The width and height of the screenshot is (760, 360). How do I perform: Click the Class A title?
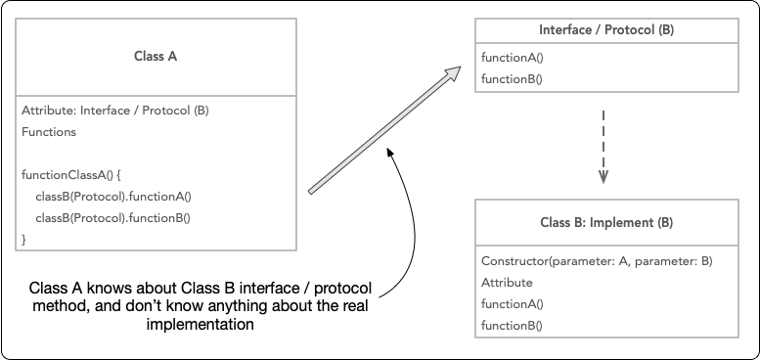155,57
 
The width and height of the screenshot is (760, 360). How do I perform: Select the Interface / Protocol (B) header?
606,30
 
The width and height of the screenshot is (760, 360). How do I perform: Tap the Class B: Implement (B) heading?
606,223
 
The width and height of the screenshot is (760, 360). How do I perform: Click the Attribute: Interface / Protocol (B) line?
114,111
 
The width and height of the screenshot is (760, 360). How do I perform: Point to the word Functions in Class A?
49,131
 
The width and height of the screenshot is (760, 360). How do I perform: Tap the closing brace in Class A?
24,238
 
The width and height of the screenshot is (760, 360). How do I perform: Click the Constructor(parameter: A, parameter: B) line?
597,261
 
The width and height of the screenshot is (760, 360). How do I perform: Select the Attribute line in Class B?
507,283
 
